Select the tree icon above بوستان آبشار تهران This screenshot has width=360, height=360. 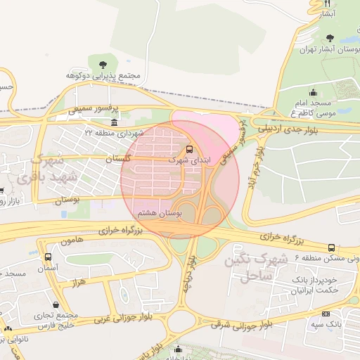coord(330,38)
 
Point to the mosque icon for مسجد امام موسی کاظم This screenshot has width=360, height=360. coord(312,92)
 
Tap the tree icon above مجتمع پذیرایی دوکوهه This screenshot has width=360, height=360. coord(104,65)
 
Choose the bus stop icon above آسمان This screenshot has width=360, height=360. coord(48,257)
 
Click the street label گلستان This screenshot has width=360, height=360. coord(117,160)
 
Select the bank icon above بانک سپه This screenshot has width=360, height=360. coord(325,314)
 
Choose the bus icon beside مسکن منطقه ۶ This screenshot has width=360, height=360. coord(330,247)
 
